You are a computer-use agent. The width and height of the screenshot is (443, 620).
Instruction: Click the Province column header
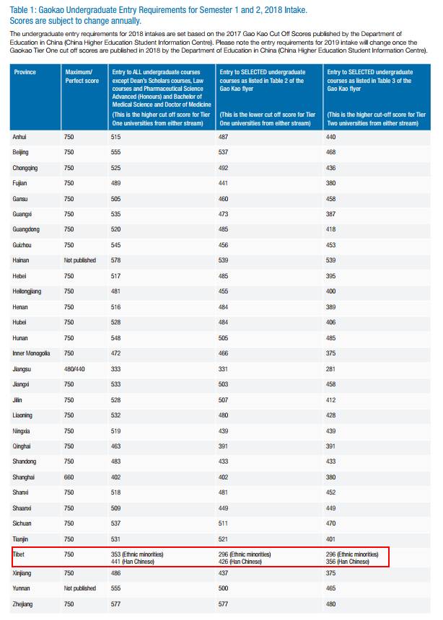pos(25,72)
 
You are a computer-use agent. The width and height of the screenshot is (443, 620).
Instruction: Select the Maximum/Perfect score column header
pos(82,76)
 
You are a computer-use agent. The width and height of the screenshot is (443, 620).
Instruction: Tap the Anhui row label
pos(19,137)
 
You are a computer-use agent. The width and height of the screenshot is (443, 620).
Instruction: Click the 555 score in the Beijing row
pos(115,152)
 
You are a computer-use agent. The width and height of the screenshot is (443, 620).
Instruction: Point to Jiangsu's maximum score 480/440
pos(74,369)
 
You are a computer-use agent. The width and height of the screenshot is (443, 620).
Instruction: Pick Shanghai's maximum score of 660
pos(69,477)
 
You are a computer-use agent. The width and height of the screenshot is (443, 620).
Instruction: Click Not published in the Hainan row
pos(80,260)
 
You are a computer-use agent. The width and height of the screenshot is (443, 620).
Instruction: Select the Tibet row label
pos(19,554)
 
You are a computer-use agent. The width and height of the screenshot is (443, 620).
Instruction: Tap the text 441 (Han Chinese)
pos(133,562)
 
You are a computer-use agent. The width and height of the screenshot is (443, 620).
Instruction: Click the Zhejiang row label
pos(22,604)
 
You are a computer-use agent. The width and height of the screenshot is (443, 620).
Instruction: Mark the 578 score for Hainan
pos(115,260)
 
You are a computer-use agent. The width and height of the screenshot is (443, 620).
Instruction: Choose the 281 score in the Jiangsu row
pos(330,369)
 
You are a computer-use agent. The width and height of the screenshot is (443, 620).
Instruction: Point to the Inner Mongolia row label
pos(31,353)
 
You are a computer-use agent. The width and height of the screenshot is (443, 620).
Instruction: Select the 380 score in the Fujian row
pos(330,183)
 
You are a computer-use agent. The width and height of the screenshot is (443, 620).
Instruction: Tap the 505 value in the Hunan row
pos(223,338)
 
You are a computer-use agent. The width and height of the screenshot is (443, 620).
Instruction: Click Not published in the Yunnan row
pos(80,588)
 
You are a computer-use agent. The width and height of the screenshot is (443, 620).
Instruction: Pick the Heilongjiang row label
pos(27,291)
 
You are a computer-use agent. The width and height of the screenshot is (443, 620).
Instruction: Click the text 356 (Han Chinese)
pos(348,562)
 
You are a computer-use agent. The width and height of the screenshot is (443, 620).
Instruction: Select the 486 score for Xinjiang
pos(115,573)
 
